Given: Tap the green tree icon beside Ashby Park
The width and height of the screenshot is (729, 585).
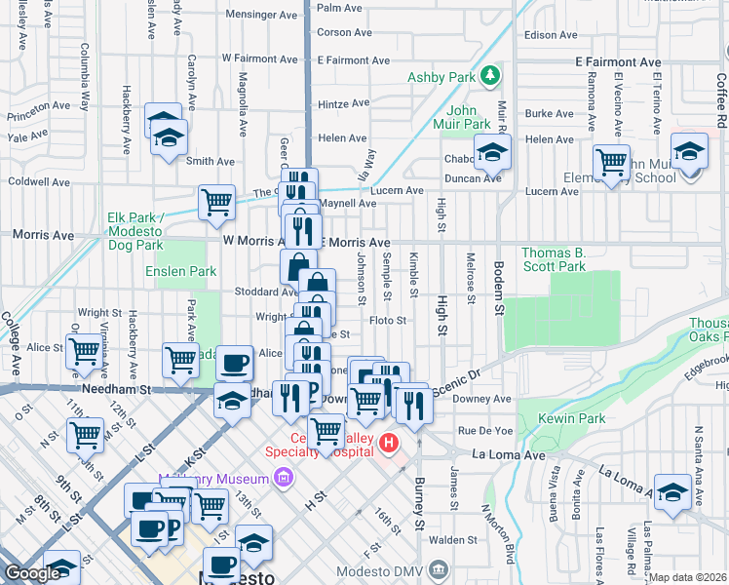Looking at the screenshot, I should (492, 74).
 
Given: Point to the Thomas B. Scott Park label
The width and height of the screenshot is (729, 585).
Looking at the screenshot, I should (553, 259).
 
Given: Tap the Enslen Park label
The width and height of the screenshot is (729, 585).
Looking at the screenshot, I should (181, 271).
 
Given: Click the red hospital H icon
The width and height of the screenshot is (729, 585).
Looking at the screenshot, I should (390, 445).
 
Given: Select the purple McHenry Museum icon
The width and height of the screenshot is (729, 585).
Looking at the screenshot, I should (284, 478).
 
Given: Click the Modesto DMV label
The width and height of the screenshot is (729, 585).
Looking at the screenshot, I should (383, 570).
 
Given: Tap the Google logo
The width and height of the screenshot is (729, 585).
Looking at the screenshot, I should (31, 573).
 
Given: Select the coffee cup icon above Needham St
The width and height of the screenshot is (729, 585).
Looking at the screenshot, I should (234, 363).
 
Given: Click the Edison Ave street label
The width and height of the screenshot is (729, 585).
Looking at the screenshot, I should (551, 34).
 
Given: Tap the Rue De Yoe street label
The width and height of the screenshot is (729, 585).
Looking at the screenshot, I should (485, 430).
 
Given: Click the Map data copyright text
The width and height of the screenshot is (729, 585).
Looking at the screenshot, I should (688, 577).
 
